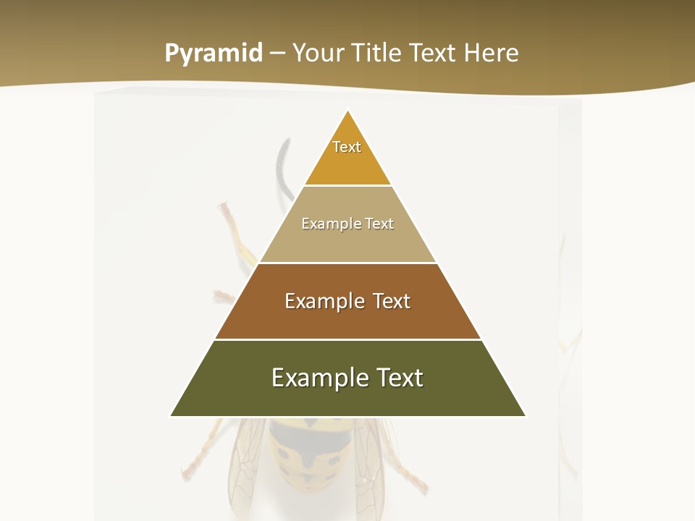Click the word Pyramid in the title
(213, 54)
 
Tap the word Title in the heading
(377, 54)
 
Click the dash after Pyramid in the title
(277, 54)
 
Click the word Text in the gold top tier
(347, 147)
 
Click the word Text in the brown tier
(392, 301)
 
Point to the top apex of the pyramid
(347, 111)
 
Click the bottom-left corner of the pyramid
(171, 415)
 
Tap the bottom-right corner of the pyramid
(525, 415)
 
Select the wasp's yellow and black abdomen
(308, 452)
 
